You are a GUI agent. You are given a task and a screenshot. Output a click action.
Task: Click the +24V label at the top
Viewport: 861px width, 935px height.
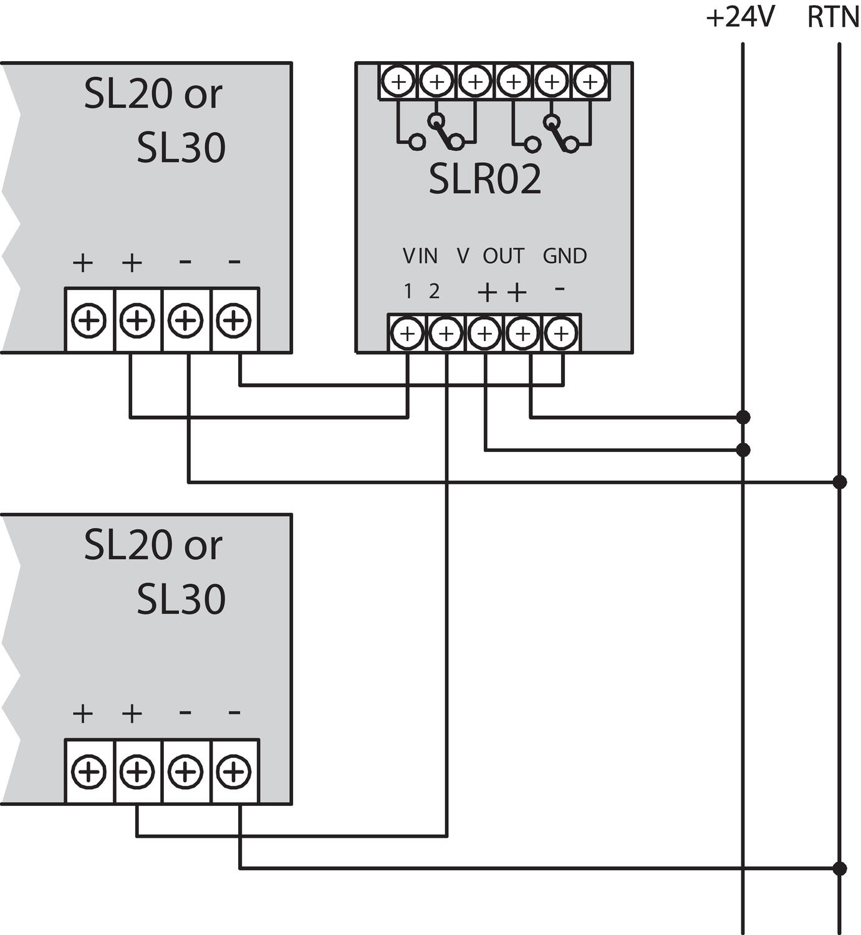(x=739, y=17)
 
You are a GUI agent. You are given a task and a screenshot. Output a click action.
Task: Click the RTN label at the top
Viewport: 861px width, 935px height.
(x=832, y=17)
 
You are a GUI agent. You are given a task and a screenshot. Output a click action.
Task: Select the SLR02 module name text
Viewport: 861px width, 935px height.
(x=484, y=180)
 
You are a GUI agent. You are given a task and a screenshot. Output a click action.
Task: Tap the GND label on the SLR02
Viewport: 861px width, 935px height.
(x=564, y=256)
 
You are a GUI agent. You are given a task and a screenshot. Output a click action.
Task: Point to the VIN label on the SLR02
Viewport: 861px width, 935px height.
(x=420, y=256)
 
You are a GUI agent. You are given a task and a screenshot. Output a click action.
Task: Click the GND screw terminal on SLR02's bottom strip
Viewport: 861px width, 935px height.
(x=561, y=333)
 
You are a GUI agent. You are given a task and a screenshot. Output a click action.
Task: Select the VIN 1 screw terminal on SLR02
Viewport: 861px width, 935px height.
(x=407, y=333)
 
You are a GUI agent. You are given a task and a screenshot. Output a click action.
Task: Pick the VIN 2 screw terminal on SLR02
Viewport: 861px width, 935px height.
(x=446, y=333)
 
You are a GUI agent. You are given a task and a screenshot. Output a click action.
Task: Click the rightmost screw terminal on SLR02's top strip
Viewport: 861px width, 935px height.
(x=590, y=81)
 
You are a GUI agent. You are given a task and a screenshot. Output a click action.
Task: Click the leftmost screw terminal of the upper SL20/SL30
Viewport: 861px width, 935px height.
(x=89, y=320)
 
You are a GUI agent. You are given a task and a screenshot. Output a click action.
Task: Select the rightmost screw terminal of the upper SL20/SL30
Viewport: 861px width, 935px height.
(x=234, y=320)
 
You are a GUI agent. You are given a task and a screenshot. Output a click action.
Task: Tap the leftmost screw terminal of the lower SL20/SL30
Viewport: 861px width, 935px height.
(x=89, y=772)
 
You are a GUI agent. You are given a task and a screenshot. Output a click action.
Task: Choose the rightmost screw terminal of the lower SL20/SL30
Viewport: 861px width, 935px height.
(x=234, y=772)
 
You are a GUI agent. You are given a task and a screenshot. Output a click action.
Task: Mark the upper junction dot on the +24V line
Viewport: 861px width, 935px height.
(x=743, y=417)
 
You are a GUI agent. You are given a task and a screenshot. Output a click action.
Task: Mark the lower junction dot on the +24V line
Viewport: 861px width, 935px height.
(x=743, y=449)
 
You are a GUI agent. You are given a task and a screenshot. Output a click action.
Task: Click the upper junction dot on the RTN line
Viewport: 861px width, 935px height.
(x=840, y=482)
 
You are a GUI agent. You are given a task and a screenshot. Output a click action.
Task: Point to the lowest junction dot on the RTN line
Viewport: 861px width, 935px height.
(x=840, y=868)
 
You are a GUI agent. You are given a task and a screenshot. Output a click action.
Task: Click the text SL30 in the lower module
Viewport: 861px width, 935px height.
(x=181, y=599)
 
